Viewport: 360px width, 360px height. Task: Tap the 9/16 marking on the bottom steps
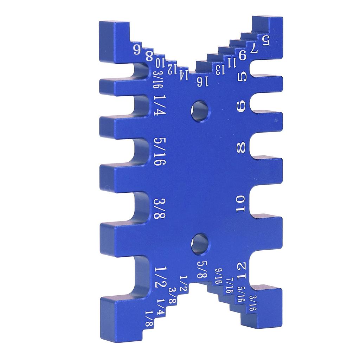pyautogui.click(x=218, y=276)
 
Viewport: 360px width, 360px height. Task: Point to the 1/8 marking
pyautogui.click(x=149, y=318)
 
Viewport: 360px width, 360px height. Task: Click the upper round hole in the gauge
pyautogui.click(x=199, y=111)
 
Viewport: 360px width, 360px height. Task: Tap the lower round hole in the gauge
pyautogui.click(x=199, y=244)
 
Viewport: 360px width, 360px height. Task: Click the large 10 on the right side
pyautogui.click(x=241, y=204)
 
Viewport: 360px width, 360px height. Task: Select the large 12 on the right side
pyautogui.click(x=242, y=271)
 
